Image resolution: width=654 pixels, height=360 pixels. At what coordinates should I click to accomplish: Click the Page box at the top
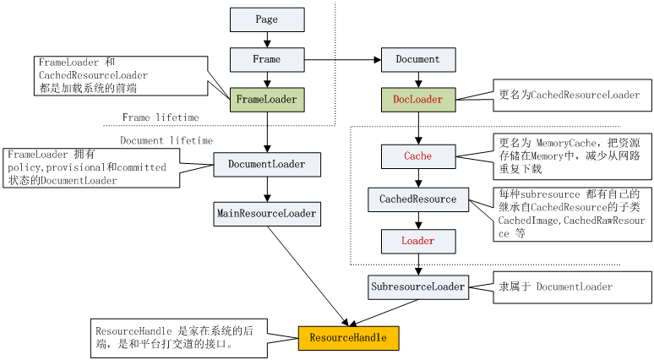266,19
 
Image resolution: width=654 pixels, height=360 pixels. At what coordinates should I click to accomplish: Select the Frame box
266,59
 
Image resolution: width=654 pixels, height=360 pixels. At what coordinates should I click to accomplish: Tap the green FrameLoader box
266,100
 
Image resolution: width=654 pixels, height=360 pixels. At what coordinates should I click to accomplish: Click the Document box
417,59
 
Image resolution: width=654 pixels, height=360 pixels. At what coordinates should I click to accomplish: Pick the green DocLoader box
417,100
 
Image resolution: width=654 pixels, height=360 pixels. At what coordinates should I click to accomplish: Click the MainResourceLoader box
266,214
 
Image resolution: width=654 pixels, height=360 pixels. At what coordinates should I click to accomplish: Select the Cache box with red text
417,156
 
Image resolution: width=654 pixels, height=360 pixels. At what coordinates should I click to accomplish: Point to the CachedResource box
417,200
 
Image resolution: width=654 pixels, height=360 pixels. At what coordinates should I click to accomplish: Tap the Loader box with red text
417,242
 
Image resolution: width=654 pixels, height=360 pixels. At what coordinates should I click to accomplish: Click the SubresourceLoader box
417,287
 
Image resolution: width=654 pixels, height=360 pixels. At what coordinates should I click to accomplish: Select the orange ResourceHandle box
347,338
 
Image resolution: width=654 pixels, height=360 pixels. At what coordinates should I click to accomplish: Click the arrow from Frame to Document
342,60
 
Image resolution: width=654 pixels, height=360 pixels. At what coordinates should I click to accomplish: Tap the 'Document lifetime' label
166,140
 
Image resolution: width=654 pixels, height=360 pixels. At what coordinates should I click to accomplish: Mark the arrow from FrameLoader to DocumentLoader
266,132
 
